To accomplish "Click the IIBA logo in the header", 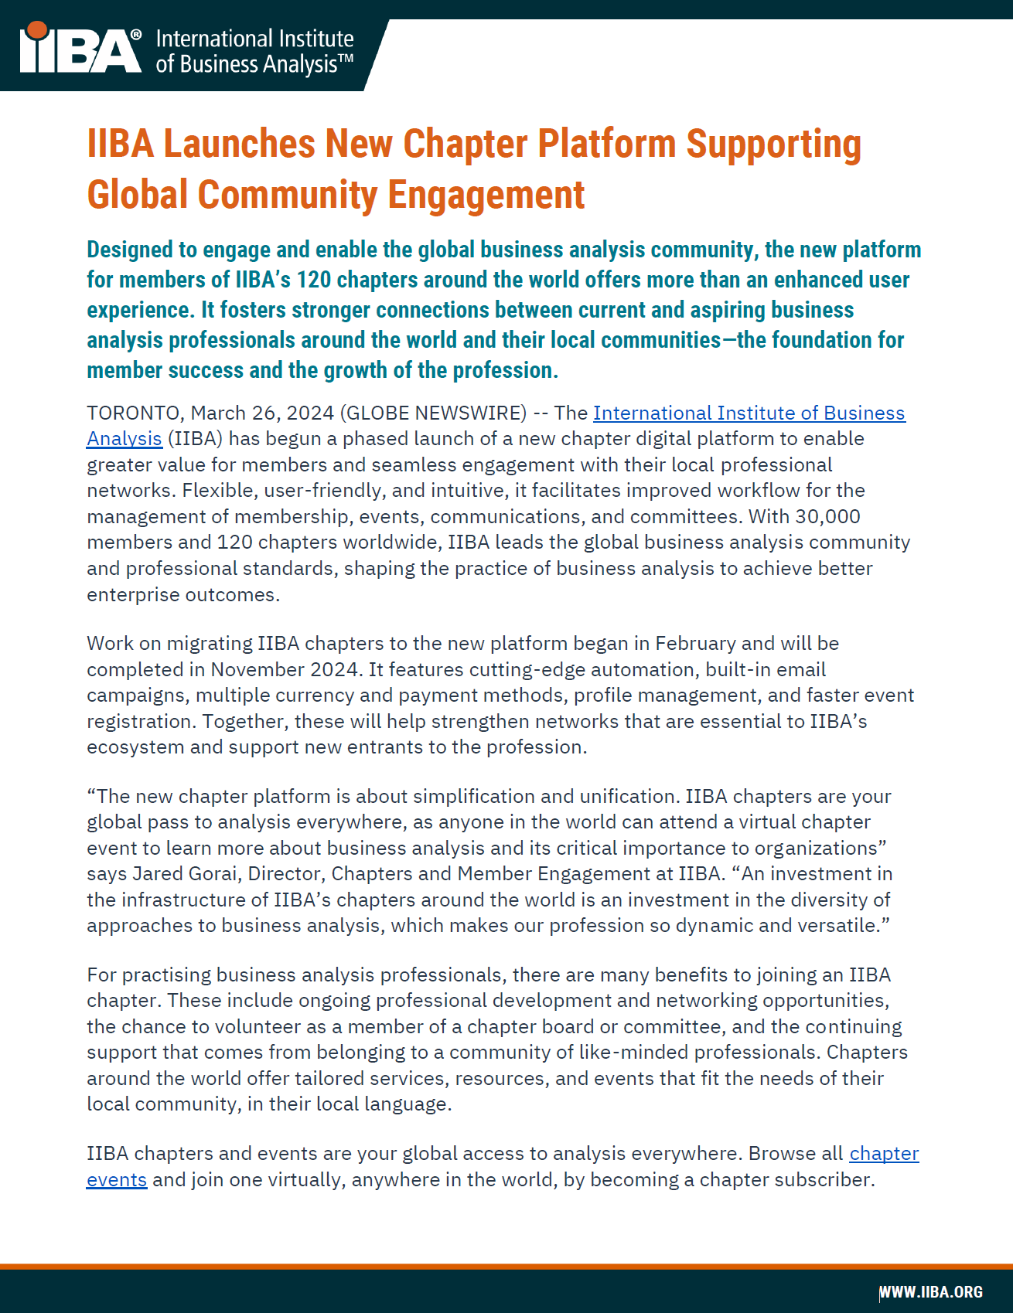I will tap(81, 51).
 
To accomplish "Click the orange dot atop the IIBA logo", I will tap(36, 31).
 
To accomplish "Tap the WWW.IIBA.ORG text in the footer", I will tap(931, 1292).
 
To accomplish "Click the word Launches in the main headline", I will tap(239, 145).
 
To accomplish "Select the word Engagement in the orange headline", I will tap(486, 195).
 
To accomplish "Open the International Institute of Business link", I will tap(749, 413).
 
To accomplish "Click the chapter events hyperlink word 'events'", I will tap(117, 1179).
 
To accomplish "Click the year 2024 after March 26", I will tap(310, 413).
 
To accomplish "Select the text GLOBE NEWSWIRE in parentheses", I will tap(436, 413).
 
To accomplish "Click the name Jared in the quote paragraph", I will tap(158, 873).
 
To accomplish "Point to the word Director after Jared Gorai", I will tap(287, 873).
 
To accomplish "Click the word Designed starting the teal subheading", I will tap(130, 250).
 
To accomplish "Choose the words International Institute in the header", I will tap(254, 39).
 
